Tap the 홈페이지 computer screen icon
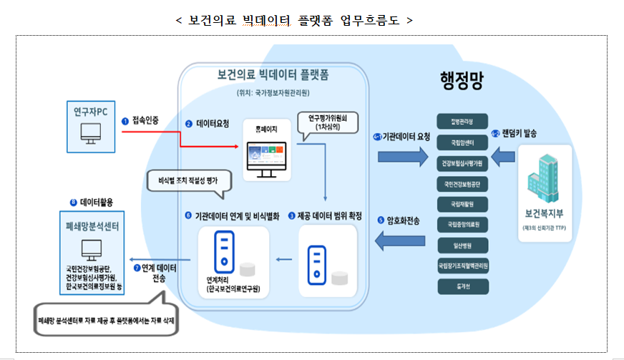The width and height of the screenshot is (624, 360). [x=265, y=159]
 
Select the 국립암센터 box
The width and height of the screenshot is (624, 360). [x=462, y=142]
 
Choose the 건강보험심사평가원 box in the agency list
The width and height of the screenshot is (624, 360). [x=462, y=163]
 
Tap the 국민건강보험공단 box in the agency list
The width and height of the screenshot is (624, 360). [x=462, y=184]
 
